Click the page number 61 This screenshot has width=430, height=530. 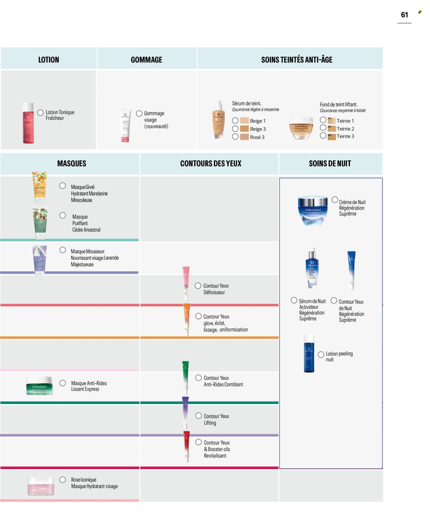(404, 15)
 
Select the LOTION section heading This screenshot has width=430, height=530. (49, 60)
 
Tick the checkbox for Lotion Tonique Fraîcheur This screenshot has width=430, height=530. (40, 112)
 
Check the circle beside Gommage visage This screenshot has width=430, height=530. (139, 113)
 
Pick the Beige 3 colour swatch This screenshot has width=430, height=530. (244, 129)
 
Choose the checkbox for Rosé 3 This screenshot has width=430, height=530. (235, 137)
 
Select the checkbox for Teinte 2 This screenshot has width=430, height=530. (323, 128)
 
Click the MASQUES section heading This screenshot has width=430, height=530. (72, 164)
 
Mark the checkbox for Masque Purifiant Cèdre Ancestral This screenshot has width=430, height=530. (63, 215)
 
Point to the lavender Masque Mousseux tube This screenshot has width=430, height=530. (40, 260)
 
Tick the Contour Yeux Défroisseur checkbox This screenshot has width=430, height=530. (198, 285)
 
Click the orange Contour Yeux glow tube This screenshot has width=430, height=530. (186, 319)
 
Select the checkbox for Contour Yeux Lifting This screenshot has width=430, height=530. (198, 415)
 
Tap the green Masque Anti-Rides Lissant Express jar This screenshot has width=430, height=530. (40, 386)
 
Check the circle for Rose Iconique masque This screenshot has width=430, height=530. (63, 479)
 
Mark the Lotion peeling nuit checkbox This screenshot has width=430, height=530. (321, 354)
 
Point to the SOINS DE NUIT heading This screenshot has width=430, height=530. (330, 164)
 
